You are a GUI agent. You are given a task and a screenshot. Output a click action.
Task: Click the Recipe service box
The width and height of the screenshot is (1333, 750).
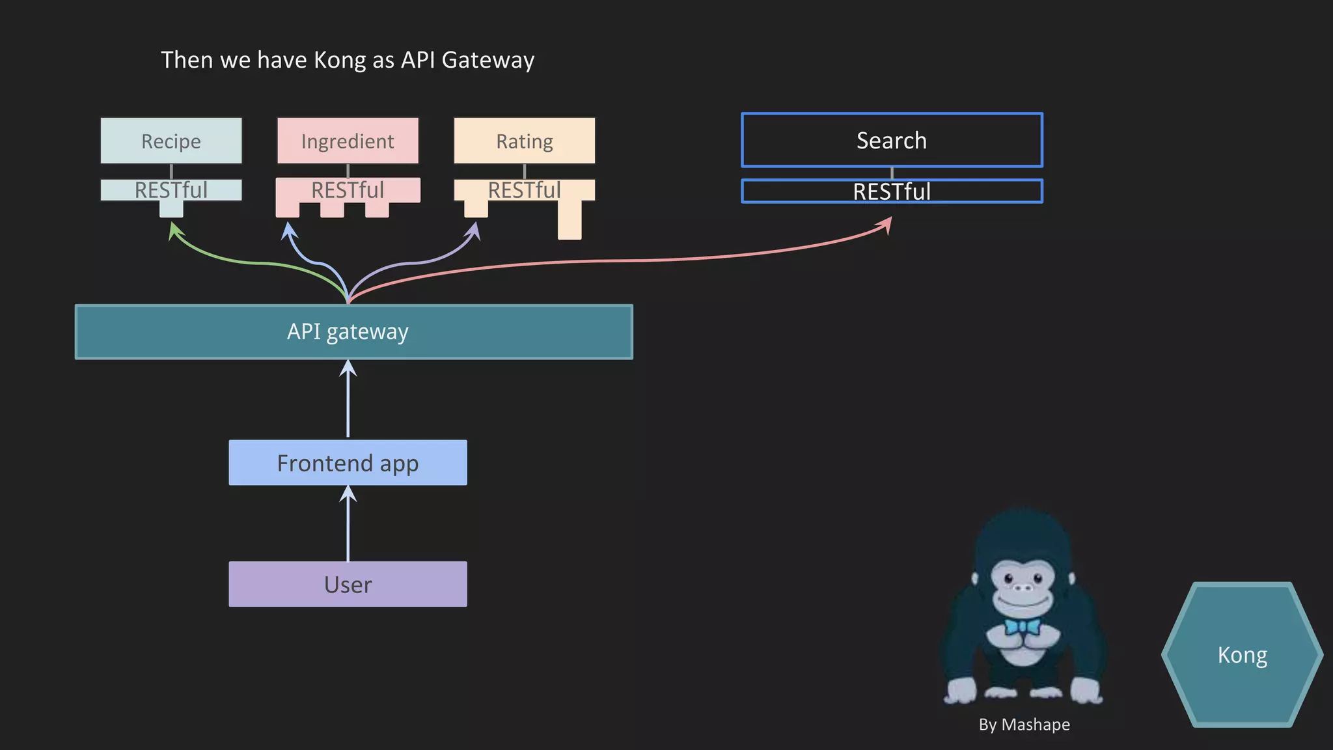click(x=171, y=141)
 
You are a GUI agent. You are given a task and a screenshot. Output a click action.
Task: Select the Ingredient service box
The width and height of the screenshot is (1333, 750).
click(x=348, y=141)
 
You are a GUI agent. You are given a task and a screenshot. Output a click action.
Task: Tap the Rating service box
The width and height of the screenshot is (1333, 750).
click(x=524, y=141)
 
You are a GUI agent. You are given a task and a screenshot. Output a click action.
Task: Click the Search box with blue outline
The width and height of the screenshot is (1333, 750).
click(x=892, y=140)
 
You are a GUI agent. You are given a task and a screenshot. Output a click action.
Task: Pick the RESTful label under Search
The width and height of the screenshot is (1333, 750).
click(x=892, y=191)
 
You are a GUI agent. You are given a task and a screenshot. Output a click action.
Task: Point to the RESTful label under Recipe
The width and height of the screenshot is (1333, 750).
click(x=171, y=190)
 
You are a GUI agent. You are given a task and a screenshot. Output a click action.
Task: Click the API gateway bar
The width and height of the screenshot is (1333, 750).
click(x=353, y=331)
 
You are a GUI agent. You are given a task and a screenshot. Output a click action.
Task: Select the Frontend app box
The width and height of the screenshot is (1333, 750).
click(x=348, y=463)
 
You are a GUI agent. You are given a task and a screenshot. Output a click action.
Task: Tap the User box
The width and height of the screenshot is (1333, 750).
click(x=348, y=584)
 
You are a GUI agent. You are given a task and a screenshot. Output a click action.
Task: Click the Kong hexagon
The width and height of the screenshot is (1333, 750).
click(x=1242, y=654)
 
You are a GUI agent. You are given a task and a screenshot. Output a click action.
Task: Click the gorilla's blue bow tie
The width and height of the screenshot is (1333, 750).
click(x=1023, y=627)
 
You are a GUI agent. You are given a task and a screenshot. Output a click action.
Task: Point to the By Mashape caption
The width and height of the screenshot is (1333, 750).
click(x=1024, y=724)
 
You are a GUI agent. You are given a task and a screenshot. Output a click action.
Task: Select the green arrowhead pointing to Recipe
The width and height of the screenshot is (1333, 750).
click(x=175, y=229)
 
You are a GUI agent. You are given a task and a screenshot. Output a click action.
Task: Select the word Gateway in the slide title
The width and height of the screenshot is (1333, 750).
click(x=488, y=60)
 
